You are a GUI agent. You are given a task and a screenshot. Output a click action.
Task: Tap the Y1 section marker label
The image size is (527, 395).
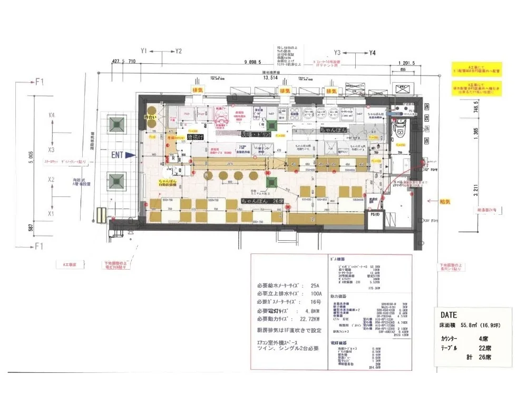[143, 51]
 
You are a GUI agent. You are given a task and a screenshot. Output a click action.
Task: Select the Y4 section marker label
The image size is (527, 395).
[373, 53]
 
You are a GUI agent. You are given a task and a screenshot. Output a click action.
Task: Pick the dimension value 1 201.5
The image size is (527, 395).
[407, 63]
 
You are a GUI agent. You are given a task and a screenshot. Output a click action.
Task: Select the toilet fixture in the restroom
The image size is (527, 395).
[399, 126]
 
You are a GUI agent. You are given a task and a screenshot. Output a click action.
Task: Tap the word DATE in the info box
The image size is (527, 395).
[448, 314]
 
